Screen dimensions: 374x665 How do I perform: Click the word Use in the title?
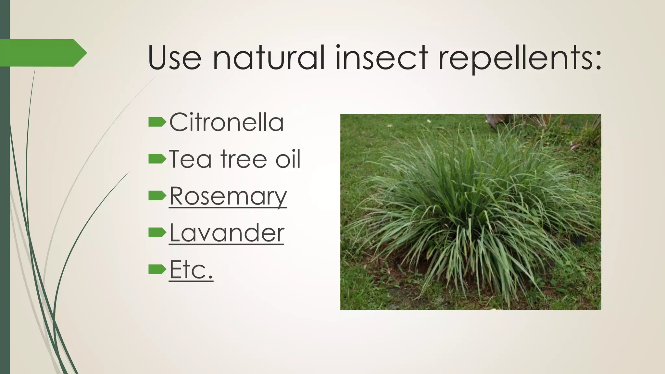[174, 57]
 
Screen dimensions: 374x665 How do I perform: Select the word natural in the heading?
[269, 57]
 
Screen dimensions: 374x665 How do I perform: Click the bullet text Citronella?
[226, 122]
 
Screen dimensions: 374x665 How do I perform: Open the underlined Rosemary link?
[228, 196]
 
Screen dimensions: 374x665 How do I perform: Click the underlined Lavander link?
[227, 233]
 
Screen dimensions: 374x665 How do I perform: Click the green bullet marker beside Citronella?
[157, 122]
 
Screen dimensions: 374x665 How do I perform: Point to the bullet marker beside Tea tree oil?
[157, 159]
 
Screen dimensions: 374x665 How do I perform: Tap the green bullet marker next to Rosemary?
[157, 196]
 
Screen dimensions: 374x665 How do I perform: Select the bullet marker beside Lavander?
[157, 232]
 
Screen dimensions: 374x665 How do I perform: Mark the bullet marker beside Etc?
[157, 269]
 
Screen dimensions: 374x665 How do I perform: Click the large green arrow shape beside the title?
[42, 53]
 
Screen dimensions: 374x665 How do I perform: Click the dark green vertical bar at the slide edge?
[5, 195]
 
